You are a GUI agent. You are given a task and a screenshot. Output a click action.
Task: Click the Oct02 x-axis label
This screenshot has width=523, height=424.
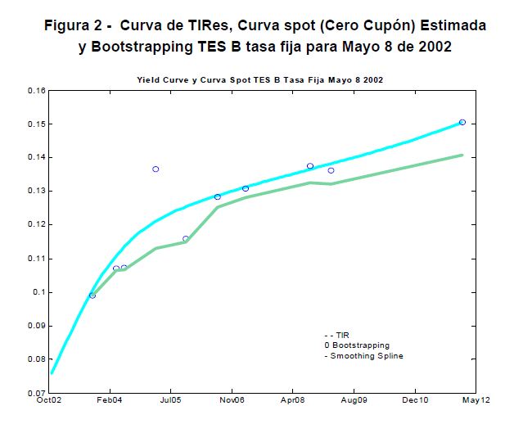49,401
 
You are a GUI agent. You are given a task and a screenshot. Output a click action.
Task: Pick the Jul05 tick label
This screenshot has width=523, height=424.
170,401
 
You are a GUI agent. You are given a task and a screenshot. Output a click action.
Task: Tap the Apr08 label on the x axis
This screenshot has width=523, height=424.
293,401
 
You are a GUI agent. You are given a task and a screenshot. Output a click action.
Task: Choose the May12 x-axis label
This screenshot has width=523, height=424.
476,401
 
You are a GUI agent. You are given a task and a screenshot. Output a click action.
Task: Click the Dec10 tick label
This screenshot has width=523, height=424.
415,401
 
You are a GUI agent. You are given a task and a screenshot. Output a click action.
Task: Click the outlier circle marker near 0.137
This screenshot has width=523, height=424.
156,169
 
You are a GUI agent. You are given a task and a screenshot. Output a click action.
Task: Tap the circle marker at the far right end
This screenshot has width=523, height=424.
462,122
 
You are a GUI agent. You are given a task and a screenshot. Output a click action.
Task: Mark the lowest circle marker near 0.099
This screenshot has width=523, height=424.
92,295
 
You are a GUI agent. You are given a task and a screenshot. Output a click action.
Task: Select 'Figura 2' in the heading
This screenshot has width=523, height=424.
74,25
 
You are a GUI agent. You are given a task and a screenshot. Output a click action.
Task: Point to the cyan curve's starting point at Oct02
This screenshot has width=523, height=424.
51,373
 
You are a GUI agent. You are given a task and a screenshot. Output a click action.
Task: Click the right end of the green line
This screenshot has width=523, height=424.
462,155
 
